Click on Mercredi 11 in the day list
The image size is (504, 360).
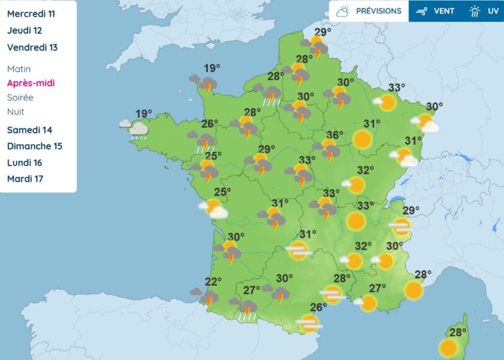(31, 14)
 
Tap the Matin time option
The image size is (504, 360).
(19, 69)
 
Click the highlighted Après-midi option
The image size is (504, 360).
(31, 83)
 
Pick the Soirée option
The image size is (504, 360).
(20, 97)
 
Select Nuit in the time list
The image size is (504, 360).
(16, 112)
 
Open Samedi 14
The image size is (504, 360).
(29, 130)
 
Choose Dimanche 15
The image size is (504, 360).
(34, 146)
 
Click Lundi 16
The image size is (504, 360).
(26, 162)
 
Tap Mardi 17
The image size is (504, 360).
(25, 178)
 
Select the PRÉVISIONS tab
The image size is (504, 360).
(369, 11)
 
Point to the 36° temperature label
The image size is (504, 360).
(335, 136)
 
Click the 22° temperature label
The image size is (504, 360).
(214, 281)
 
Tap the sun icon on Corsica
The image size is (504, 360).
(448, 347)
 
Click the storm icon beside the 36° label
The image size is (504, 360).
(328, 150)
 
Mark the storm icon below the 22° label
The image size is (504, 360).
(208, 297)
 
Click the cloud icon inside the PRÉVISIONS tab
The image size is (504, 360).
(343, 11)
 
